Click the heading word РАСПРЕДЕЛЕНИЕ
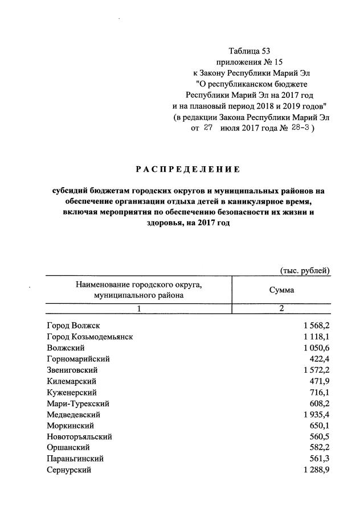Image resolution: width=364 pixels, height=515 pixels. tap(187, 170)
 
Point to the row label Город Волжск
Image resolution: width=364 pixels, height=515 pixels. tap(73, 326)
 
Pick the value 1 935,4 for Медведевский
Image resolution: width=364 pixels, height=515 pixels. tap(312, 414)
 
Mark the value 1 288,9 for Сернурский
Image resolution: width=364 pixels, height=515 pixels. tap(312, 470)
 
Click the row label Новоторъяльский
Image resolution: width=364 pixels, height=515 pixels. tap(79, 436)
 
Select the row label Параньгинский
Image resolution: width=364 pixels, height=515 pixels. tap(76, 459)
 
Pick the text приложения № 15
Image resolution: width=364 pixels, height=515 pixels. tap(250, 62)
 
